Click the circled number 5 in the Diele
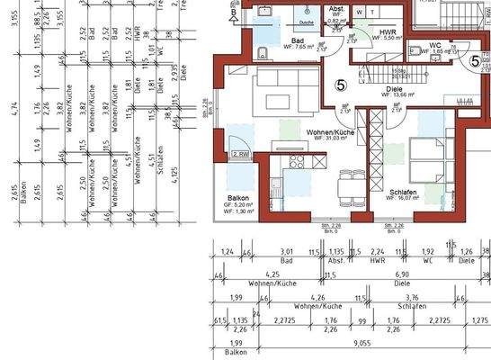(x=340, y=85)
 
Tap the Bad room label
(x=296, y=40)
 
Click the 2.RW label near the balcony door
(x=240, y=156)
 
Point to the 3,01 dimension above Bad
(x=287, y=251)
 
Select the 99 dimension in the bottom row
(x=362, y=319)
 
